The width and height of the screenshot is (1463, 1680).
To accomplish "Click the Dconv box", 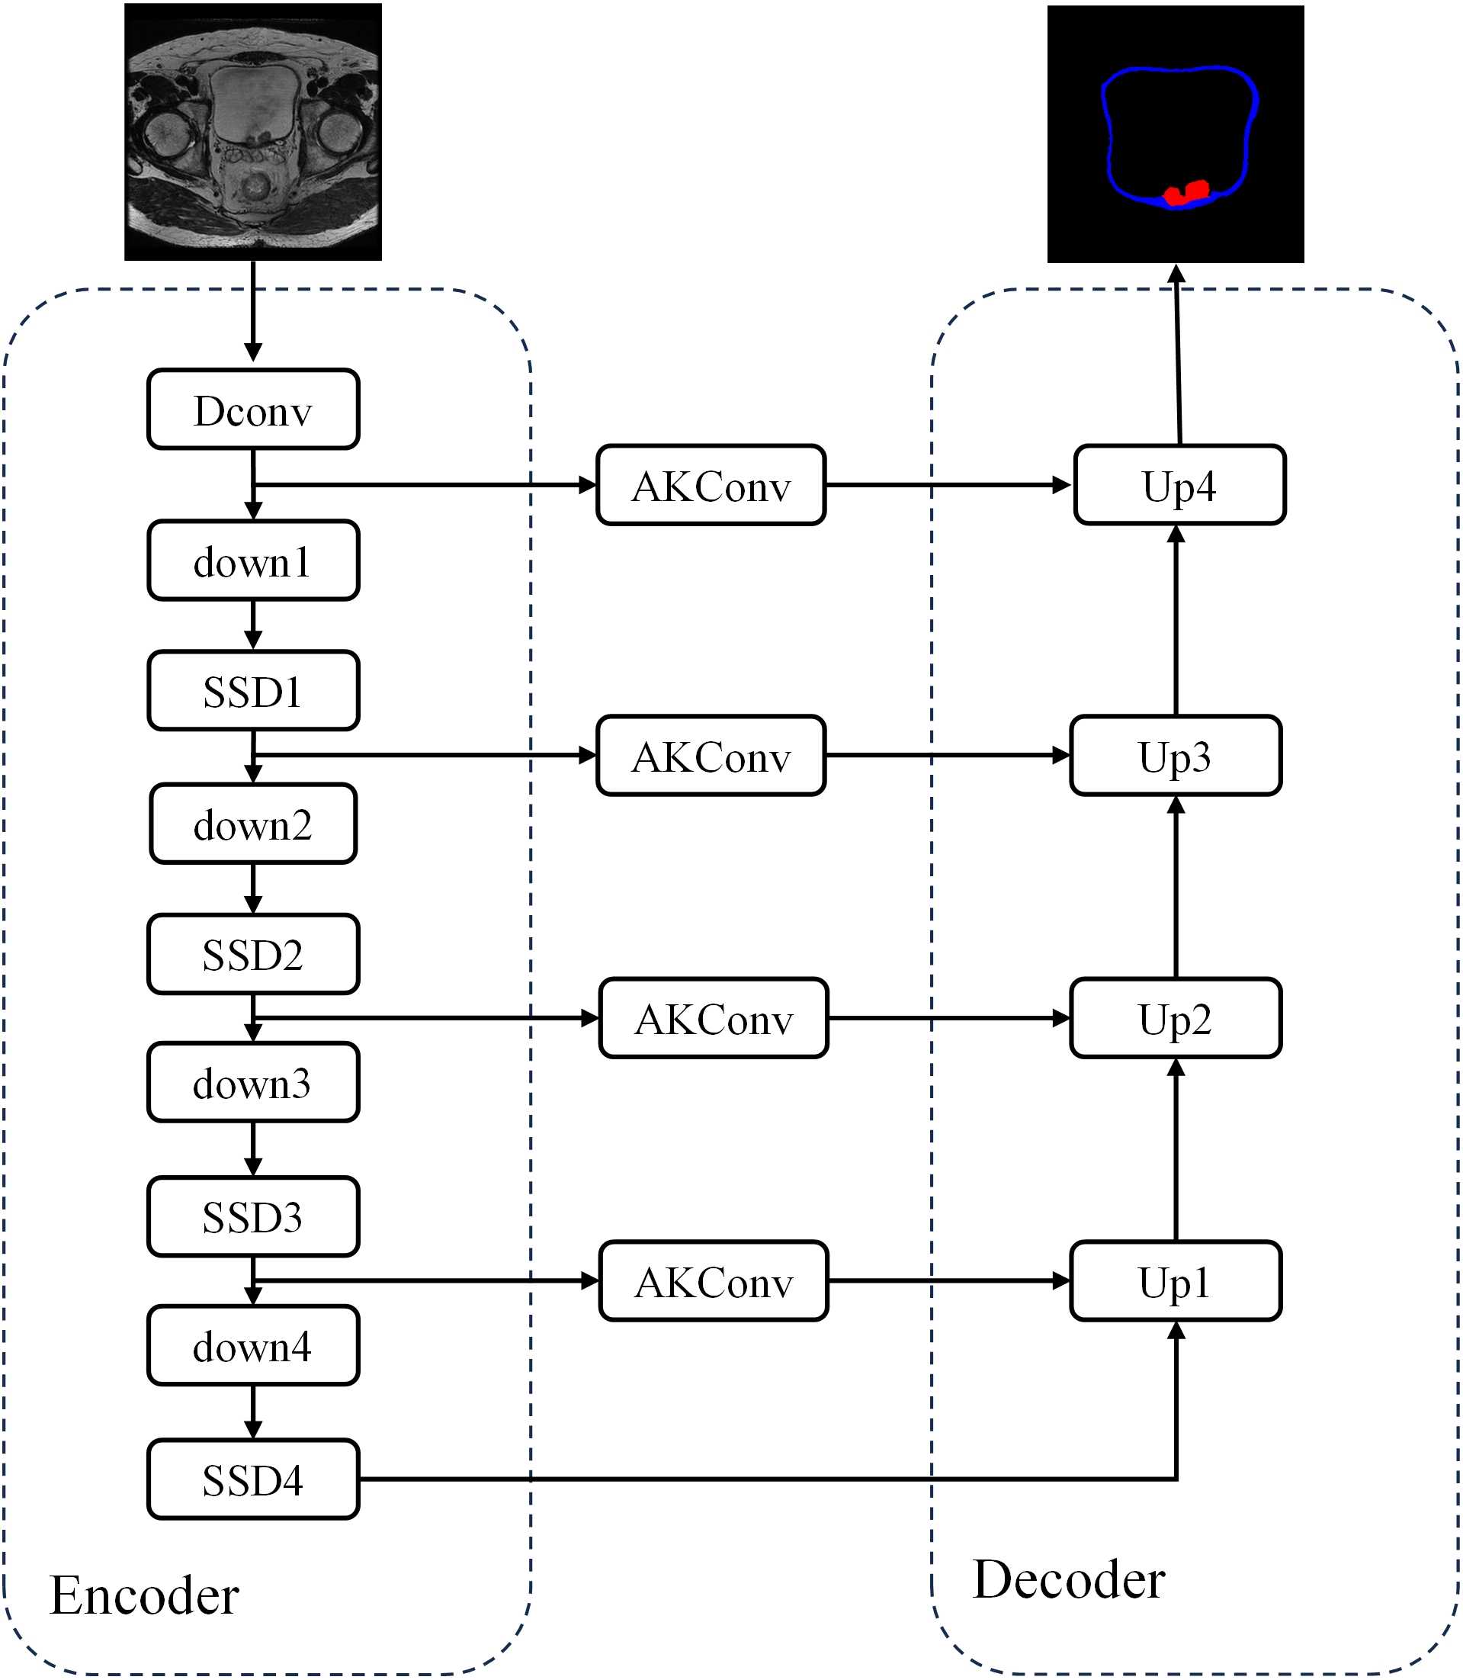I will (253, 410).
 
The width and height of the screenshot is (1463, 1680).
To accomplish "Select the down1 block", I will (253, 561).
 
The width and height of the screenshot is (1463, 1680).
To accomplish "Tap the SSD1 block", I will (253, 691).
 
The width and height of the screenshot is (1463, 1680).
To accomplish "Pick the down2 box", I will (253, 824).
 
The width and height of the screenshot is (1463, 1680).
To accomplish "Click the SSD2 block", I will (253, 954).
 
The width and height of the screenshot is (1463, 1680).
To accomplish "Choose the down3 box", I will (253, 1083).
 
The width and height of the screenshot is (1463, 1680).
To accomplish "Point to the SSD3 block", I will (253, 1217).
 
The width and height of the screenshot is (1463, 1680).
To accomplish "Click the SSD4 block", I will (253, 1480).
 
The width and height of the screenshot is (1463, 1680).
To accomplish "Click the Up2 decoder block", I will (1176, 1019).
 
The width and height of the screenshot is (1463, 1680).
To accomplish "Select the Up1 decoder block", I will (1176, 1281).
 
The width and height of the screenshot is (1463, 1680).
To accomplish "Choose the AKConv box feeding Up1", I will (714, 1281).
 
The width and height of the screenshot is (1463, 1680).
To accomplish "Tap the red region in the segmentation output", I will (1187, 194).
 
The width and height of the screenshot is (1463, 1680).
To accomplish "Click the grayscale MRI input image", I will (253, 131).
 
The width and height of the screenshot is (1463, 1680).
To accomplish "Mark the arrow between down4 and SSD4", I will (253, 1412).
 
